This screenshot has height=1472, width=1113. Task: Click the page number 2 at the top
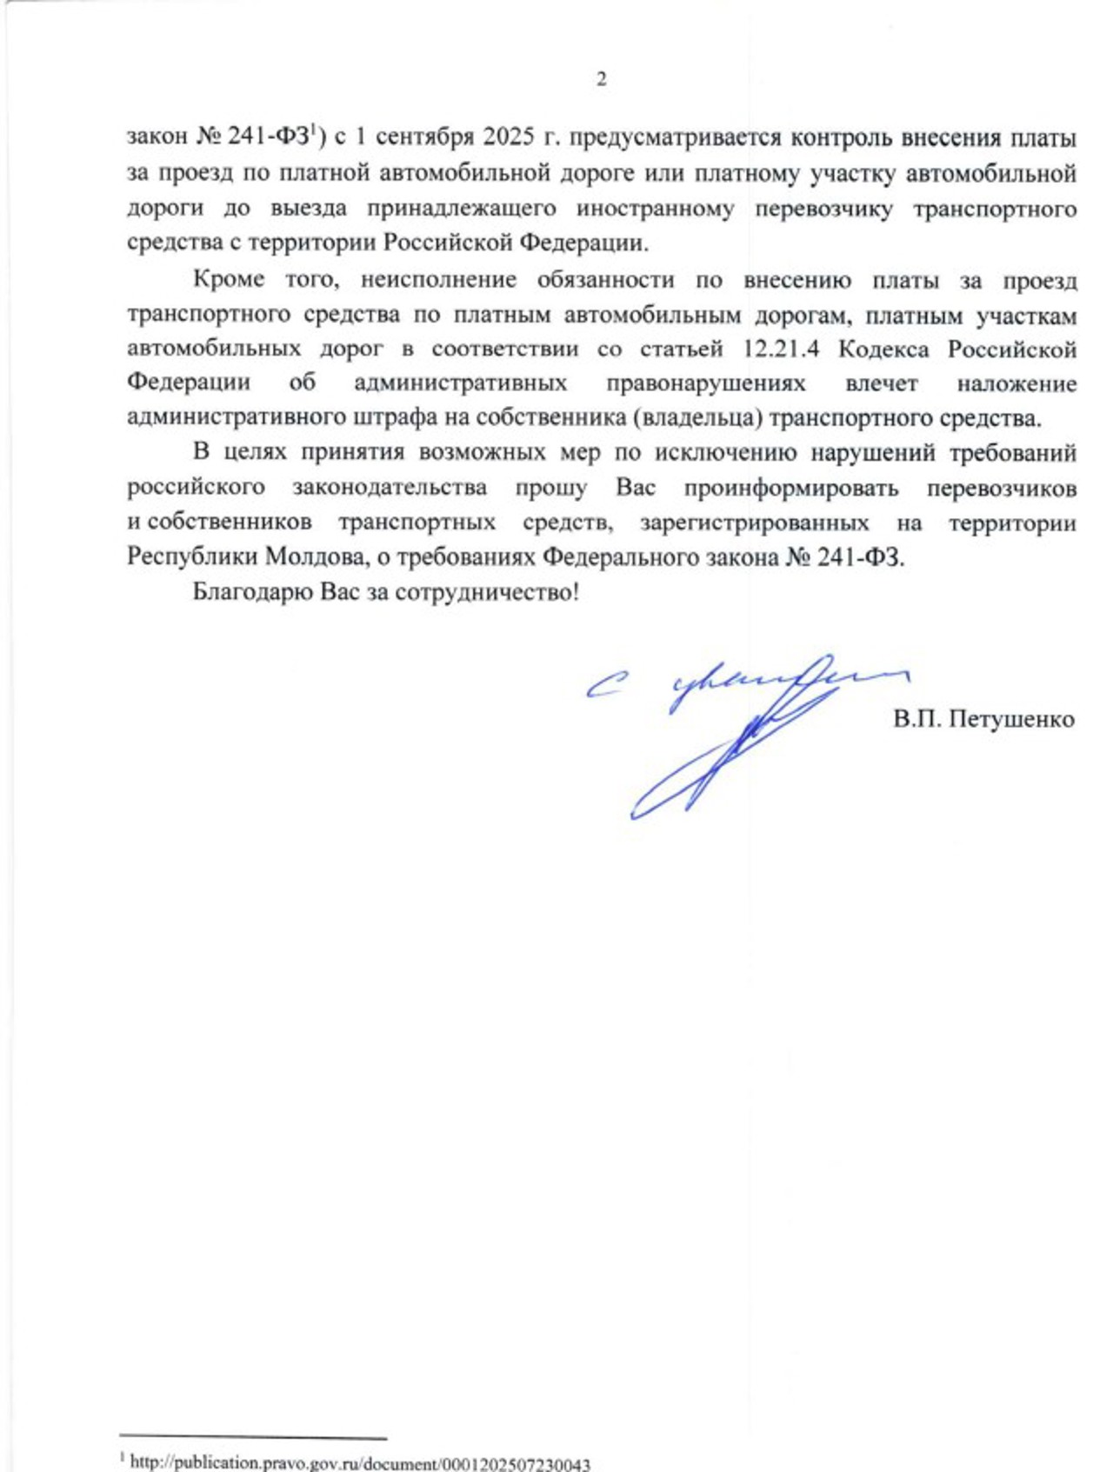601,79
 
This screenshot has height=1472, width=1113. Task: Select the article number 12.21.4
782,349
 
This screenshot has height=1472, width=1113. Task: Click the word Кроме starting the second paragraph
229,280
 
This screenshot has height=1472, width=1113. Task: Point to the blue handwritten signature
730,730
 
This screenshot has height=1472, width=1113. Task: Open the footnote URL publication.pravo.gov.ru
360,1463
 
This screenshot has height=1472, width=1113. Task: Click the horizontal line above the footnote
253,1440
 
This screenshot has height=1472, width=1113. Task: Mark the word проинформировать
790,487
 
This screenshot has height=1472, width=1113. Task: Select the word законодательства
390,487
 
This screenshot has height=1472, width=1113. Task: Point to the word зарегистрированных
754,523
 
